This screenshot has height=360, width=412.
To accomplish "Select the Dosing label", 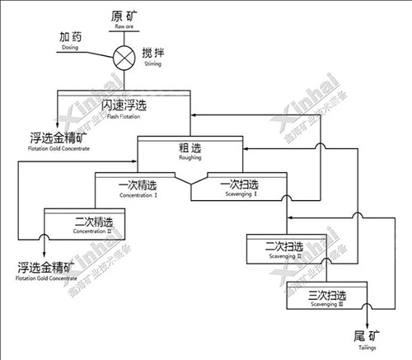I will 70,41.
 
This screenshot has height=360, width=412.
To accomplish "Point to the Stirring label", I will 154,58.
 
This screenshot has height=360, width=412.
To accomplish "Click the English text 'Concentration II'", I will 90,231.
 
